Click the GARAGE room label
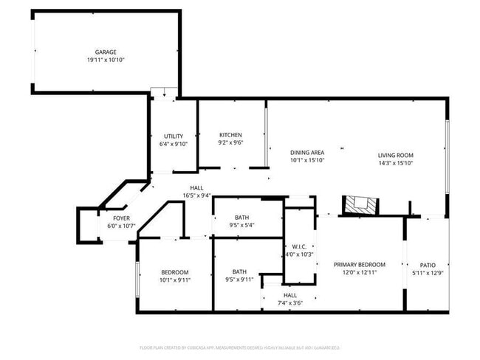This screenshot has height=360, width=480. point(106,52)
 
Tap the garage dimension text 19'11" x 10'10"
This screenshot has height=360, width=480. point(106,60)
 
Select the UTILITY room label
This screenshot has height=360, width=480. point(174,136)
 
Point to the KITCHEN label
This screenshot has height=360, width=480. point(230,135)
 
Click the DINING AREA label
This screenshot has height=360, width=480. point(307,152)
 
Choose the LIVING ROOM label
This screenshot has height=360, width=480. point(395,155)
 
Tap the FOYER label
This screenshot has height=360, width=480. point(122,218)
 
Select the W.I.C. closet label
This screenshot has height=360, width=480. point(299,246)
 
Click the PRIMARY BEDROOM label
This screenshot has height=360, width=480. point(360,265)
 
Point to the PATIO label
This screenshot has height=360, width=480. point(428,266)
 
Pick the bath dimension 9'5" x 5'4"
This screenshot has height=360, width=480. point(241,226)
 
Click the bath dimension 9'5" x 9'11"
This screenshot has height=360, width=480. point(239,280)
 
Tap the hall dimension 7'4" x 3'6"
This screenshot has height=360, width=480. point(289,302)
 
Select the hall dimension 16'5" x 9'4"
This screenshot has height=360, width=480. point(196,196)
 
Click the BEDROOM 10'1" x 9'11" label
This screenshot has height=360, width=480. point(175,272)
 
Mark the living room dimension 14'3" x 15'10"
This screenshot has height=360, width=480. point(395,163)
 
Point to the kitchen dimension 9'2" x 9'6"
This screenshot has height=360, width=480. point(230,143)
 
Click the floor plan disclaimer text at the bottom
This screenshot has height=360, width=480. point(239,347)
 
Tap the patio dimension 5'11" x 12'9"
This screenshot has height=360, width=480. point(428,274)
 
